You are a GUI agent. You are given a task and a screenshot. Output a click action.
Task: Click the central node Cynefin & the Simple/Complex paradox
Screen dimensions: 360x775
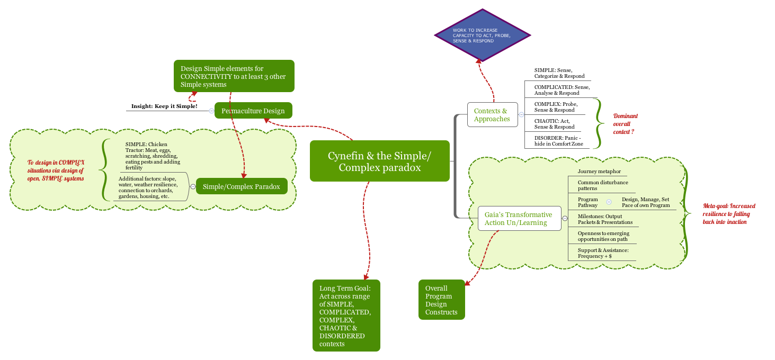pyautogui.click(x=379, y=161)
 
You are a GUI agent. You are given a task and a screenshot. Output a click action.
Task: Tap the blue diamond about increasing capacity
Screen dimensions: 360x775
pyautogui.click(x=482, y=35)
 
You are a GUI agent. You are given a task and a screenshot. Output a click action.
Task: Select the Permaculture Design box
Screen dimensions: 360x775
pyautogui.click(x=253, y=111)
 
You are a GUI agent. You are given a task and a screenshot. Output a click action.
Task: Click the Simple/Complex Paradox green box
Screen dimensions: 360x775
pyautogui.click(x=241, y=186)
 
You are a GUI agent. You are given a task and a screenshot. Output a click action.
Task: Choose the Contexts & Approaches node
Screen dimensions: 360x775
pyautogui.click(x=492, y=114)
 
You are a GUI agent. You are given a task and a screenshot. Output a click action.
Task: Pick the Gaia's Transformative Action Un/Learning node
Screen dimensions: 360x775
pyautogui.click(x=519, y=219)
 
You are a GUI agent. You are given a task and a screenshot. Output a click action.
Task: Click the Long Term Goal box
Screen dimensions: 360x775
pyautogui.click(x=346, y=316)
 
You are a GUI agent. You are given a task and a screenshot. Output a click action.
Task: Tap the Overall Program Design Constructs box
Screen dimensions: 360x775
pyautogui.click(x=441, y=300)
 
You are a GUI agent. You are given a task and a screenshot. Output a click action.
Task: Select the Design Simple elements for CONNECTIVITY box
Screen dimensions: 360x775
pyautogui.click(x=234, y=76)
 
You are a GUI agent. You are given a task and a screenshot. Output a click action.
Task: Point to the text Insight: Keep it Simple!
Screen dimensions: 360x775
pyautogui.click(x=164, y=106)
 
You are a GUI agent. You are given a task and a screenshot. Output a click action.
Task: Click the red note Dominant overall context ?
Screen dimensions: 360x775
pyautogui.click(x=625, y=124)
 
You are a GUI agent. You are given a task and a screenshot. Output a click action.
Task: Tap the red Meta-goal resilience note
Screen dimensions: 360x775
pyautogui.click(x=729, y=214)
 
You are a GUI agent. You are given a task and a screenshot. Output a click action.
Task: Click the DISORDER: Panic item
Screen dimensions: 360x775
pyautogui.click(x=557, y=141)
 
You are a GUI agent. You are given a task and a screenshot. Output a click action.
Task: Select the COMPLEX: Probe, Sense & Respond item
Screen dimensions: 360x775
pyautogui.click(x=556, y=107)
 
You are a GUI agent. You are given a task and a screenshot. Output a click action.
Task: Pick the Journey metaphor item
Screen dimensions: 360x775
pyautogui.click(x=599, y=172)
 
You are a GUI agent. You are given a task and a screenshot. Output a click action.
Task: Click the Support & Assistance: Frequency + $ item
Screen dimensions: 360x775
pyautogui.click(x=603, y=253)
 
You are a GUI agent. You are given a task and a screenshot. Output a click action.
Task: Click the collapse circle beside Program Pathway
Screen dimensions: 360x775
pyautogui.click(x=609, y=202)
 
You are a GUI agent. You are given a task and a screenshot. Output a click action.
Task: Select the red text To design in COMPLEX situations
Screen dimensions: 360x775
pyautogui.click(x=56, y=170)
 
